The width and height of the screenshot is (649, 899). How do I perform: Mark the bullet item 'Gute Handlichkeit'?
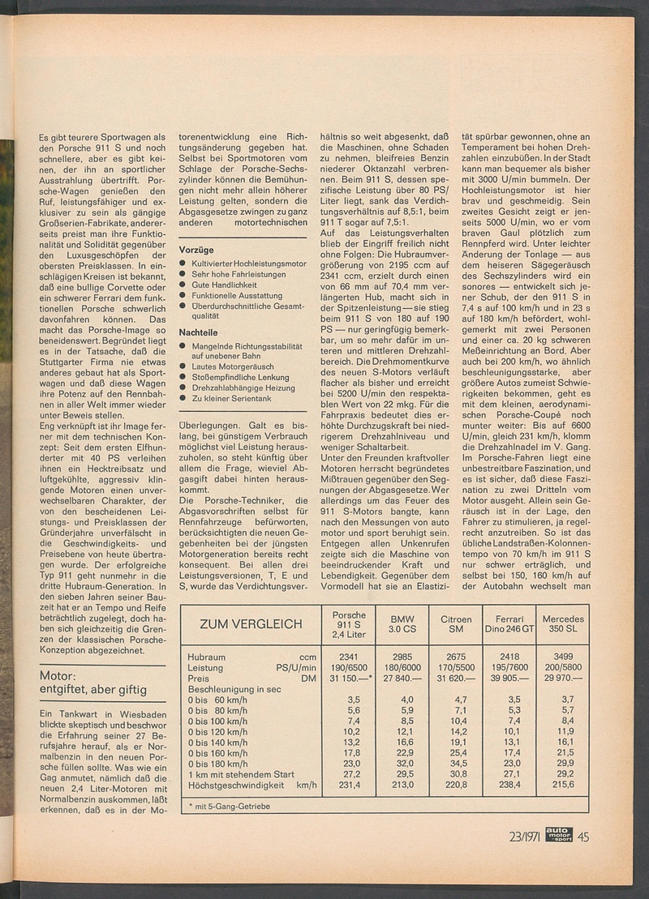[x=226, y=287]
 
